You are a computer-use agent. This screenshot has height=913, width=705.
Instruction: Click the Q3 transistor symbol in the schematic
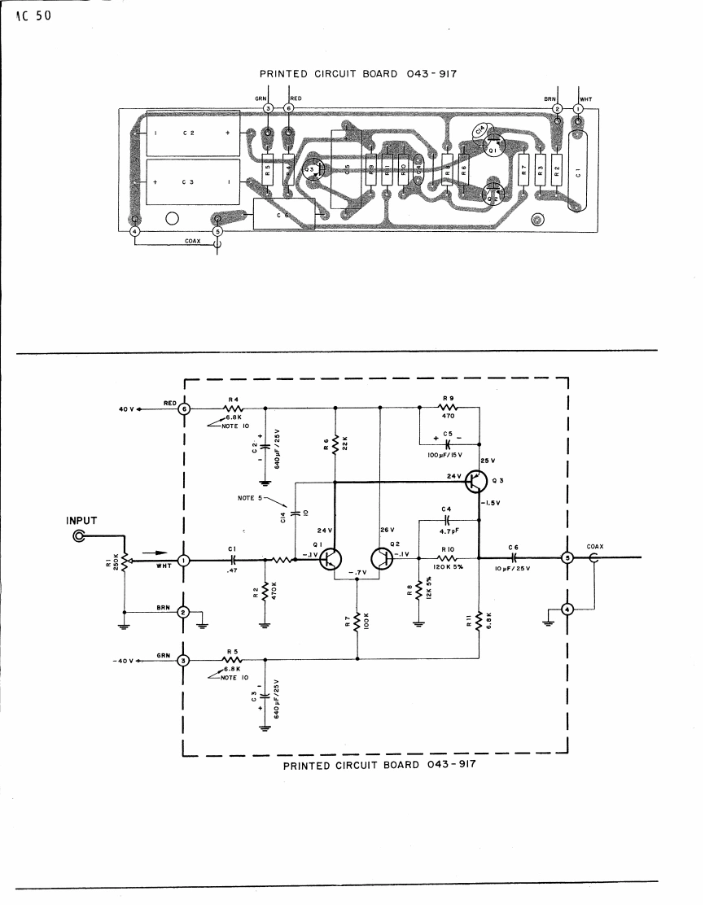coord(475,482)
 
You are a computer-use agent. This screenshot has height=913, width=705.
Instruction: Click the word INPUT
coord(81,521)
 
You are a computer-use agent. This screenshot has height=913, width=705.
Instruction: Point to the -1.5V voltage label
coord(491,502)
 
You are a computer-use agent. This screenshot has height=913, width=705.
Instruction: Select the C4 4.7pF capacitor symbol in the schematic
coord(447,518)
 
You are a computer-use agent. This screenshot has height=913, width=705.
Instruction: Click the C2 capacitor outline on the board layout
coord(192,133)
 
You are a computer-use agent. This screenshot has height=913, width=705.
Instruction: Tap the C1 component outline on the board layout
coord(578,173)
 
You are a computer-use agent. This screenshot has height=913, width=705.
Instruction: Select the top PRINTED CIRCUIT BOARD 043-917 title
coord(357,73)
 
